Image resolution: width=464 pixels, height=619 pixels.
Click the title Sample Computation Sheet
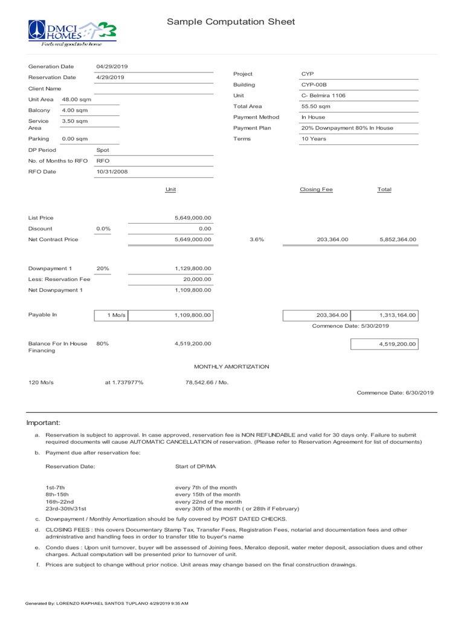click(x=231, y=22)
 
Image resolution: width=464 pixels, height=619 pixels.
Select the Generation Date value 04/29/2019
click(x=112, y=66)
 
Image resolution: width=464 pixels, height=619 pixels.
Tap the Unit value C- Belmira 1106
click(x=323, y=96)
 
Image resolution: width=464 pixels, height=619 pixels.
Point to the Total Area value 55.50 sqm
click(x=314, y=106)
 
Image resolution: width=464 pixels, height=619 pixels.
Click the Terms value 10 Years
click(x=314, y=139)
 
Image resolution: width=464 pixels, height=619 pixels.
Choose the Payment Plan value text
click(x=347, y=128)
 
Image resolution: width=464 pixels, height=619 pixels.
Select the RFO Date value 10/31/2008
click(x=112, y=172)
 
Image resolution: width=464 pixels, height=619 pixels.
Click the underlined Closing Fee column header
click(x=316, y=189)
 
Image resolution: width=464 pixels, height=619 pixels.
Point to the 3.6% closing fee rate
click(x=257, y=240)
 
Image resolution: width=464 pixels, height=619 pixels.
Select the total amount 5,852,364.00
click(x=398, y=240)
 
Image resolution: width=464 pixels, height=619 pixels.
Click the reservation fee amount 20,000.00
click(x=197, y=279)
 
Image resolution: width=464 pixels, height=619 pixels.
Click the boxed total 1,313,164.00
click(x=398, y=316)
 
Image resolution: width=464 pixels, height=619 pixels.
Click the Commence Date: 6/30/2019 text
click(x=395, y=393)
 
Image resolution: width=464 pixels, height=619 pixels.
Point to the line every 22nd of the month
click(x=208, y=502)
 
